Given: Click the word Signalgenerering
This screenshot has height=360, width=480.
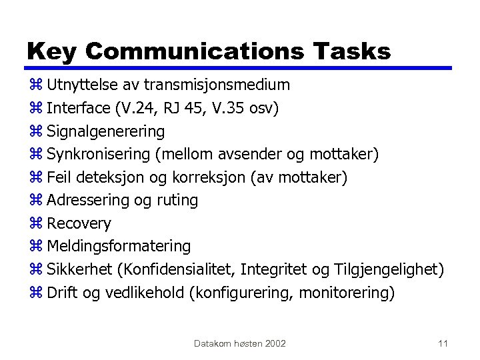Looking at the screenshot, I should pos(105,131).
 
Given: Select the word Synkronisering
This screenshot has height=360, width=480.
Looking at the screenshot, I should pos(99,155).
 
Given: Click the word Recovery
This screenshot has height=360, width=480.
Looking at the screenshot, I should pos(79,223).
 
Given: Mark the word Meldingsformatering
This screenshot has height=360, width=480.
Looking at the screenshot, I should pos(119,246).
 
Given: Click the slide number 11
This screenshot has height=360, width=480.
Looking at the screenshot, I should pos(443,343).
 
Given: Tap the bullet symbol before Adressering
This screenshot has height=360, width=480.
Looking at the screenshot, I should pos(36,201).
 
